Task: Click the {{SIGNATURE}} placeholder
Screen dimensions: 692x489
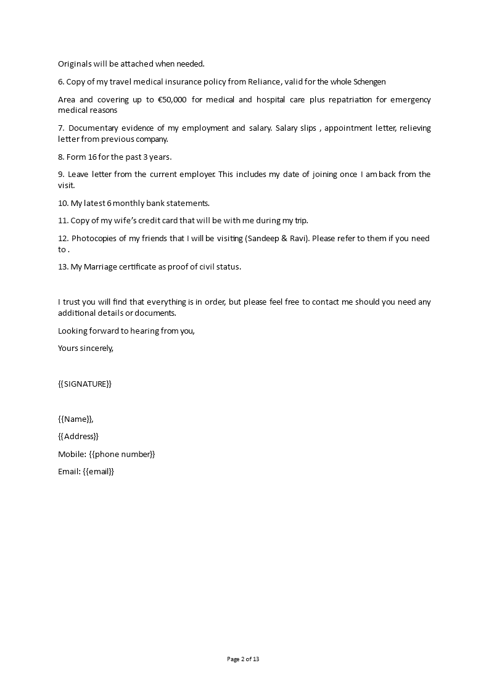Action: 85,384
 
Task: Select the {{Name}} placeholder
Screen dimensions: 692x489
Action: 75,419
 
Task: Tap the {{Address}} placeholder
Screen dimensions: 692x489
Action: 78,436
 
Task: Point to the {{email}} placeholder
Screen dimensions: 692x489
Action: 99,471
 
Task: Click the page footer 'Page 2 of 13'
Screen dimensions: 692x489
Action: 244,659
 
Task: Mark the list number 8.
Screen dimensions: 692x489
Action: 61,157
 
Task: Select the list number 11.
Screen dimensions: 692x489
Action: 62,220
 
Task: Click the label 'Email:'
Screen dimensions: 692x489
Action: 68,471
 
